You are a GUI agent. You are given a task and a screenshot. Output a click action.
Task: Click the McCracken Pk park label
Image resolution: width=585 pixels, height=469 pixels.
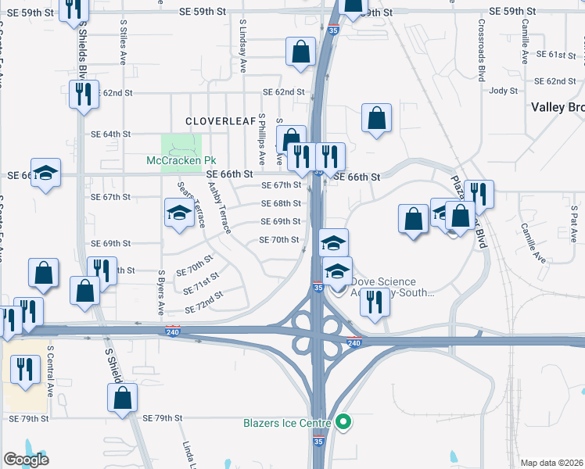[181, 160]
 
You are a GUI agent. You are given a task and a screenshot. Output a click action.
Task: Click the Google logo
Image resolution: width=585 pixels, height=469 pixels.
[26, 460]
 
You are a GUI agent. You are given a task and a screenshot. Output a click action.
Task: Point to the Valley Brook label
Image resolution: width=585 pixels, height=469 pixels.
[557, 107]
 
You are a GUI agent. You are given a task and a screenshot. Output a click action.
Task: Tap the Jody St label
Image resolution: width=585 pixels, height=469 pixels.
[504, 91]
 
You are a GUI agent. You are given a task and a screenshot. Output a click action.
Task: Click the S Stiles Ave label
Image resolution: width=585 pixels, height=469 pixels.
[124, 44]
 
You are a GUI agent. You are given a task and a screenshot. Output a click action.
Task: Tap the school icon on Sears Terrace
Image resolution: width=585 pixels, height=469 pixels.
[179, 213]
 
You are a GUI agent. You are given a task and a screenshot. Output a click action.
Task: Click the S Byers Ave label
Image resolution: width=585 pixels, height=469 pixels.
[161, 288]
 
